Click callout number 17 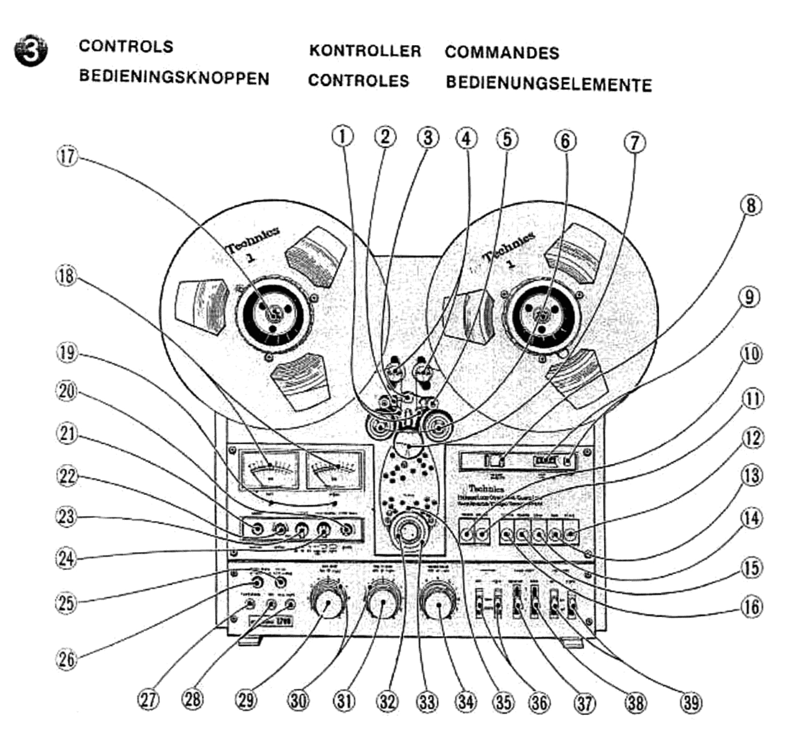(x=67, y=157)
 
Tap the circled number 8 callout (x=751, y=206)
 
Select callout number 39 (x=691, y=702)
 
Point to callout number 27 (x=148, y=699)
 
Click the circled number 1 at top (x=343, y=136)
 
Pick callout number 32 (x=388, y=701)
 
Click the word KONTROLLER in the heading (x=365, y=51)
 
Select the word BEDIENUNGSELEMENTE (x=548, y=84)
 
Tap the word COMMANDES (x=502, y=52)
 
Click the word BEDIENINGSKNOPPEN (x=174, y=77)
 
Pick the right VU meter (x=334, y=469)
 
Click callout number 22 (x=67, y=476)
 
